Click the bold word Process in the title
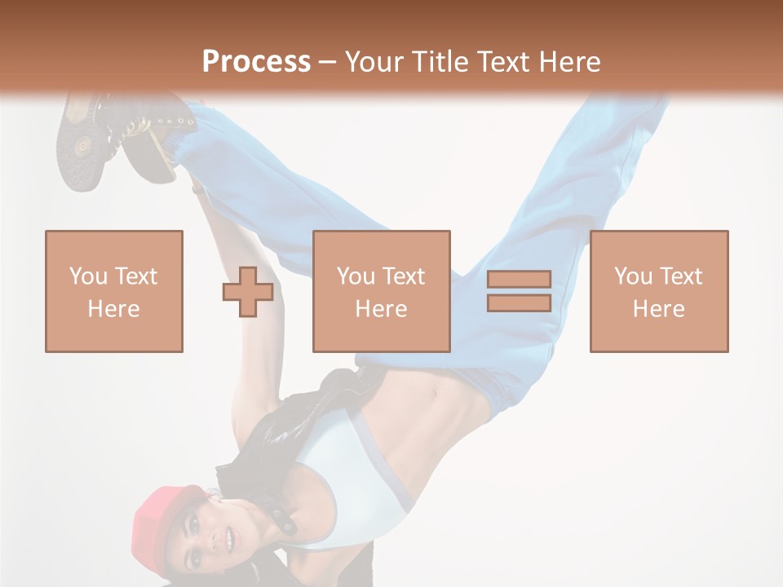(x=256, y=61)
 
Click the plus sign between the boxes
(x=248, y=292)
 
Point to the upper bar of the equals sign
(x=519, y=280)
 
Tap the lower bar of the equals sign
(x=519, y=303)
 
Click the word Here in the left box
(x=113, y=309)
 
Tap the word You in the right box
(x=632, y=276)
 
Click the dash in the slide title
(x=327, y=62)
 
